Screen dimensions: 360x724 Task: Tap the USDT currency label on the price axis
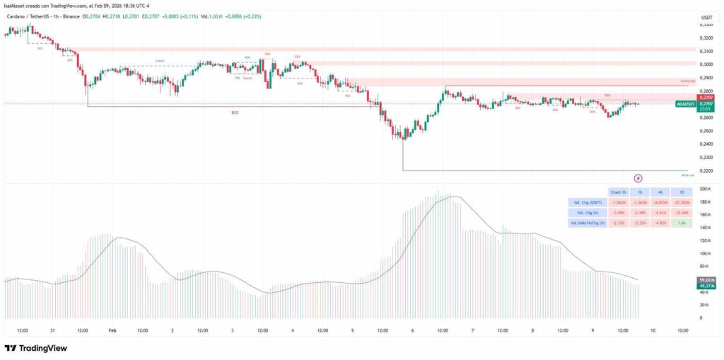pyautogui.click(x=706, y=17)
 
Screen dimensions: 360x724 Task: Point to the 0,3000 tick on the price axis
pyautogui.click(x=705, y=64)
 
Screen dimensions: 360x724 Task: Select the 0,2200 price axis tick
pyautogui.click(x=705, y=170)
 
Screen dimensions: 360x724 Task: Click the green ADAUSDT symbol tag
pyautogui.click(x=685, y=104)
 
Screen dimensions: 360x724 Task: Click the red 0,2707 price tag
pyautogui.click(x=706, y=97)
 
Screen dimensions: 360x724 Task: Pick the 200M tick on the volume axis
pyautogui.click(x=705, y=190)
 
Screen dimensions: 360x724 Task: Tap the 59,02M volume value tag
pyautogui.click(x=706, y=280)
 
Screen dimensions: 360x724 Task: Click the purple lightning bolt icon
pyautogui.click(x=638, y=178)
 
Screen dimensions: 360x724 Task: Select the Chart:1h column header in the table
pyautogui.click(x=618, y=192)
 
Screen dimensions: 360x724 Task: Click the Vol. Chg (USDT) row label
pyautogui.click(x=586, y=202)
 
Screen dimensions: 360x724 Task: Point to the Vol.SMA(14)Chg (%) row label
pyautogui.click(x=586, y=223)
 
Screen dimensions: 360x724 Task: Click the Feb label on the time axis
pyautogui.click(x=112, y=330)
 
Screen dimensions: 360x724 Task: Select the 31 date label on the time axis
pyautogui.click(x=53, y=330)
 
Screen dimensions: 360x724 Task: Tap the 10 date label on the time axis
pyautogui.click(x=652, y=330)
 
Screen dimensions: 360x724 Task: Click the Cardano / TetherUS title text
pyautogui.click(x=27, y=16)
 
